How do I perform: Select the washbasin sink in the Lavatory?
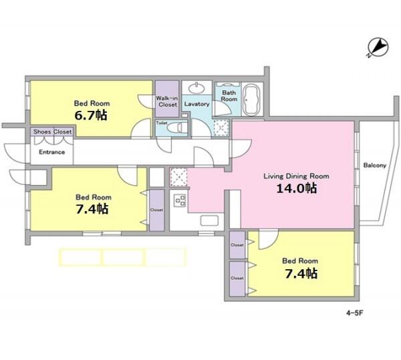coord(196,88)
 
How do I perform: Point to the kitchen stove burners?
coord(180,200)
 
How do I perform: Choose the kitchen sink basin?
coord(209,220)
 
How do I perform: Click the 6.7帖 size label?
coord(91,116)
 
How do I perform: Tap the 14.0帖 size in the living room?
coord(297,188)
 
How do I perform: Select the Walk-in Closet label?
coord(167,102)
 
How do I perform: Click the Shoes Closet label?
coord(52,132)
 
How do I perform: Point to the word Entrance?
coord(52,152)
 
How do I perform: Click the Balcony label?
coord(375,166)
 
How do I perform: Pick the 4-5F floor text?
coord(355,313)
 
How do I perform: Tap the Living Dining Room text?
coord(296,176)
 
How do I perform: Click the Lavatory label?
coord(196,104)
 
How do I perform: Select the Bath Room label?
coord(229,96)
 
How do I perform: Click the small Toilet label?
coord(162,123)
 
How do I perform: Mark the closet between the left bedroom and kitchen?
coord(157,210)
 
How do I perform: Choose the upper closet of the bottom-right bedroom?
coord(237,244)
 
